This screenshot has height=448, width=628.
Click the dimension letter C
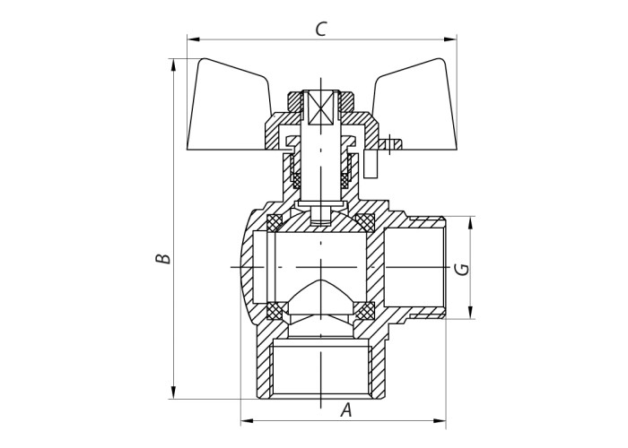(321, 29)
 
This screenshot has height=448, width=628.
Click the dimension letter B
(163, 258)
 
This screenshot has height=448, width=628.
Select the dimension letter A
(346, 410)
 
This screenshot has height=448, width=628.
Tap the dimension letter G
(462, 269)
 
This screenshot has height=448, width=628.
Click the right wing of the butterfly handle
(414, 106)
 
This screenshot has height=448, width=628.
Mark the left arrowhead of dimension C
(194, 39)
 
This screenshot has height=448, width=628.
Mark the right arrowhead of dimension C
(450, 39)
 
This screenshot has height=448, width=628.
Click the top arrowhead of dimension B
(173, 65)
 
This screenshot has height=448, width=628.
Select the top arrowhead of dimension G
(471, 223)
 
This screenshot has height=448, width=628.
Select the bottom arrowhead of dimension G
(471, 313)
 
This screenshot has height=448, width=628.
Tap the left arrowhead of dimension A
(247, 421)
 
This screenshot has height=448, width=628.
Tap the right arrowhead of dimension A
(439, 421)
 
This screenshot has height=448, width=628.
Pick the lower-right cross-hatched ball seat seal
(366, 310)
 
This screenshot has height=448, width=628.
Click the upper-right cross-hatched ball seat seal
(366, 222)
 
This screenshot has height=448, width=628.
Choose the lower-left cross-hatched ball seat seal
(275, 310)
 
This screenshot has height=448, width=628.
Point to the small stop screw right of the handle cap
(389, 143)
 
